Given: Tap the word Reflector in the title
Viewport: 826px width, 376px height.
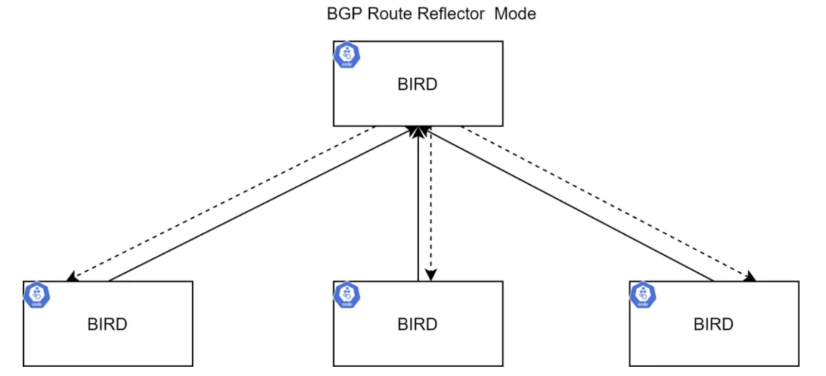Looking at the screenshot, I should click(x=451, y=14).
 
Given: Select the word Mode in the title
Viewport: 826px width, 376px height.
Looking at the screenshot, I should click(x=515, y=14).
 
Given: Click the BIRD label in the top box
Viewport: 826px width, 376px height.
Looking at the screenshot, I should click(x=417, y=84).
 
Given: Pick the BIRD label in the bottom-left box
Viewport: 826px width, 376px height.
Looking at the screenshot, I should click(x=107, y=324).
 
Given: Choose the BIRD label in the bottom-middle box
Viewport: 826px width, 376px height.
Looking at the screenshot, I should click(x=417, y=324).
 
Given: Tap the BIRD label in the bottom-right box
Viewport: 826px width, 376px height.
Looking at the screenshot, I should click(x=713, y=324).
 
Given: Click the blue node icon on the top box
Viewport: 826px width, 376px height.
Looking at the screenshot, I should click(x=347, y=55).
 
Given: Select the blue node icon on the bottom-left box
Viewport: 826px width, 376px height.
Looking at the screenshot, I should click(x=37, y=295).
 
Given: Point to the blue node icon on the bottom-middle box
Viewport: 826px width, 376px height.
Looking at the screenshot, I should click(x=347, y=295).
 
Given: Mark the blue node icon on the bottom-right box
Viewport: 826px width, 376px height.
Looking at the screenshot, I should click(x=643, y=295).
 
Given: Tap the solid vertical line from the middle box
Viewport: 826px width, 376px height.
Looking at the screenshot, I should click(x=418, y=207).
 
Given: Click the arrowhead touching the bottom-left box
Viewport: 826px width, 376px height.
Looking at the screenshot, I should click(x=73, y=277).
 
